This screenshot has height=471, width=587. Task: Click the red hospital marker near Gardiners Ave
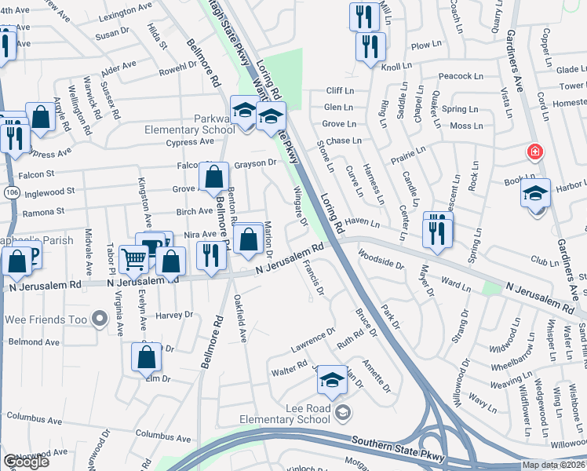[535, 152]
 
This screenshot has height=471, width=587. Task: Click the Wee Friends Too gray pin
[100, 319]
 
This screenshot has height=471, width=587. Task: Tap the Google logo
[26, 462]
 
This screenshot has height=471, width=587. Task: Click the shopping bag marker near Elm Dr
[147, 358]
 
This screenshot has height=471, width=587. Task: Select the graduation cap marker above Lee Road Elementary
[333, 382]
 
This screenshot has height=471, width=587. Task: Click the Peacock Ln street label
[461, 76]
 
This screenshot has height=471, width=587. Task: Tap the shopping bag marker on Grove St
[214, 178]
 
